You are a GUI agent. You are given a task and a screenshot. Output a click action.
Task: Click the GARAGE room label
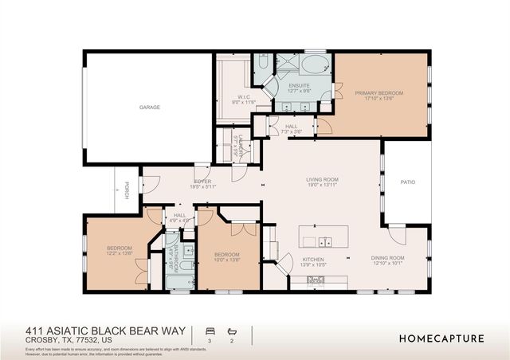[149, 107]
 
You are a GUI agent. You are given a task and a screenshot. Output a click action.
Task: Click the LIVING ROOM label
[323, 179]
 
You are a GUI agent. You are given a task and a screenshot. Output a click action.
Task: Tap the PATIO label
[406, 182]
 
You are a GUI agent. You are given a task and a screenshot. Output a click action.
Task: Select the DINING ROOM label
[388, 258]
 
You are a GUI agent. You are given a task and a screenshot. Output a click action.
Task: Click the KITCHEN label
[313, 260]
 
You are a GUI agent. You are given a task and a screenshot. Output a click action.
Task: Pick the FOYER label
[202, 182]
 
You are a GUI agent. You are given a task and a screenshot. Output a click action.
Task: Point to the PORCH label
[127, 192]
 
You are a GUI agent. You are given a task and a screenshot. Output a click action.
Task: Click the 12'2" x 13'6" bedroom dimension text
[120, 254]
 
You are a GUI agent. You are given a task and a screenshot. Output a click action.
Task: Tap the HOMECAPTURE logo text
[441, 338]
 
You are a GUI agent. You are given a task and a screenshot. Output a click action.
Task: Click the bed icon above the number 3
[210, 331]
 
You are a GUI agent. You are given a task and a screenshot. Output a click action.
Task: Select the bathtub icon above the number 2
[233, 331]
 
